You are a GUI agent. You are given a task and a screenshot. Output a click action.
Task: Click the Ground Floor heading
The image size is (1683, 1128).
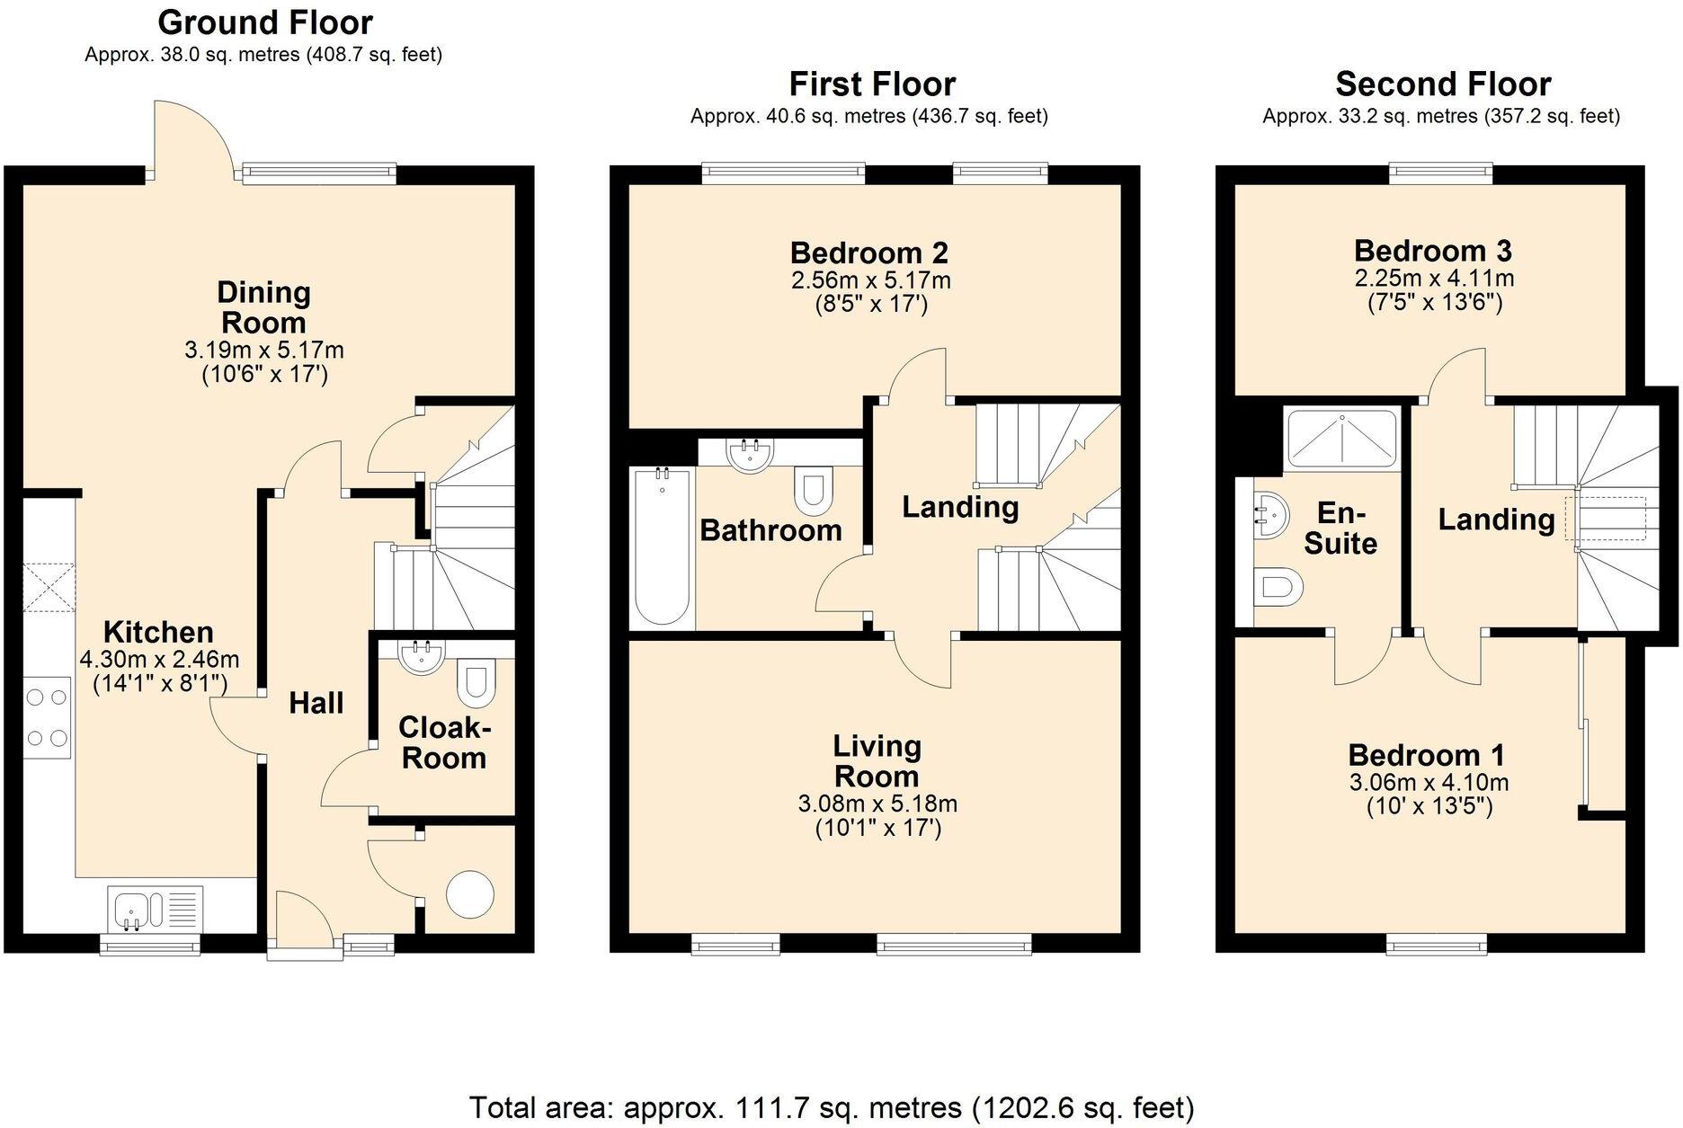pyautogui.click(x=264, y=22)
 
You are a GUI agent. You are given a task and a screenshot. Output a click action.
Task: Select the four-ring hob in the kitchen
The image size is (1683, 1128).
pyautogui.click(x=47, y=716)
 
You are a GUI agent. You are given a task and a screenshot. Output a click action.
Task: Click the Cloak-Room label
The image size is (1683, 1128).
pyautogui.click(x=443, y=742)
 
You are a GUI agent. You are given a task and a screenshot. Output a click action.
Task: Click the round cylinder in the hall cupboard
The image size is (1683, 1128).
pyautogui.click(x=470, y=894)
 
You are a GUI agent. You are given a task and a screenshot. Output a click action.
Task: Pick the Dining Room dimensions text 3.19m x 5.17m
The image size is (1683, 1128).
pyautogui.click(x=263, y=350)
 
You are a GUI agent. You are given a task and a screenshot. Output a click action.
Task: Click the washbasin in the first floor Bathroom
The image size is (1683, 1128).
pyautogui.click(x=749, y=456)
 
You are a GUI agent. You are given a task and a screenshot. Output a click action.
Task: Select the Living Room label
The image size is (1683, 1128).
pyautogui.click(x=876, y=760)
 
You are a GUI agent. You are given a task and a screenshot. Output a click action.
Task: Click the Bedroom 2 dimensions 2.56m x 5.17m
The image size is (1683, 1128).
pyautogui.click(x=870, y=280)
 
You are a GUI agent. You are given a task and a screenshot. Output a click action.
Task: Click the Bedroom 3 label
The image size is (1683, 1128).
pyautogui.click(x=1432, y=250)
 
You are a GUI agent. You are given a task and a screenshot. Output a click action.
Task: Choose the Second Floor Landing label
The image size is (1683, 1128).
pyautogui.click(x=1496, y=519)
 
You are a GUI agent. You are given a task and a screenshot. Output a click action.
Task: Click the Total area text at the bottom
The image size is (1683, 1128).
pyautogui.click(x=831, y=1106)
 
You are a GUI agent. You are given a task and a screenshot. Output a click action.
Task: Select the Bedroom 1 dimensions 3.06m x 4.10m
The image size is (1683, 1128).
pyautogui.click(x=1429, y=782)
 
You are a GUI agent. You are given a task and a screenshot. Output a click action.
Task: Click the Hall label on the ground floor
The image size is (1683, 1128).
pyautogui.click(x=316, y=702)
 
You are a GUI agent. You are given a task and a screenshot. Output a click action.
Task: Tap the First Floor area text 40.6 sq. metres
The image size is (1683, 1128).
pyautogui.click(x=868, y=116)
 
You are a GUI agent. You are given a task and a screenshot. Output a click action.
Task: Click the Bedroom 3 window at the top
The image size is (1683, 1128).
pyautogui.click(x=1440, y=171)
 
